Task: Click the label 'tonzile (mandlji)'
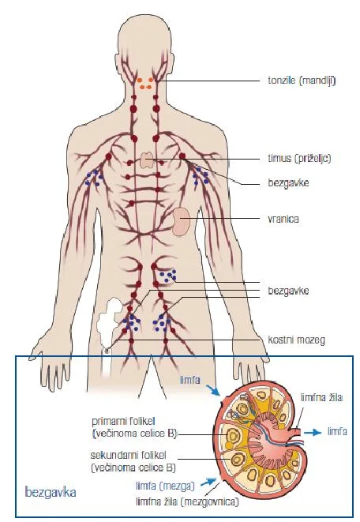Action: [302, 81]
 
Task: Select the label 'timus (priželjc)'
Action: [299, 158]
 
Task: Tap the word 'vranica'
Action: [283, 219]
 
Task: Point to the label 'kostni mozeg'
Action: [296, 340]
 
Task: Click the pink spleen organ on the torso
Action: [182, 222]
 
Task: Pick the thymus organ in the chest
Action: [146, 160]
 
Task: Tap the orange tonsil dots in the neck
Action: [146, 83]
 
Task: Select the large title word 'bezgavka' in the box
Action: [51, 492]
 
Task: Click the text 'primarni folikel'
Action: [123, 422]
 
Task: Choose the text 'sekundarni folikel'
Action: [128, 455]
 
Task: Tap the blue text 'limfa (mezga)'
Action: [165, 486]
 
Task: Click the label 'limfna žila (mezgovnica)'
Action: [187, 501]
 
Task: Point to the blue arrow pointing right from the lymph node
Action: [313, 432]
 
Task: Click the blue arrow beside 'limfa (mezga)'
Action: [208, 482]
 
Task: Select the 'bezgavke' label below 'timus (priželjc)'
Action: [288, 183]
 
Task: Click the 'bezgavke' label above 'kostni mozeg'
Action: [288, 291]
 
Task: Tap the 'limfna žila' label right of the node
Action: [321, 397]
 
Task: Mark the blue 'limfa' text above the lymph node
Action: [190, 380]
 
